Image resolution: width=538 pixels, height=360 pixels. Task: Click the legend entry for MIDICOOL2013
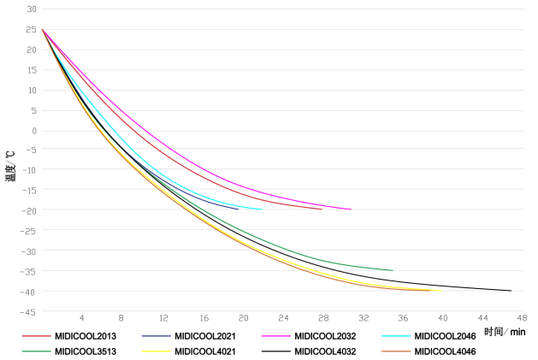click(x=86, y=336)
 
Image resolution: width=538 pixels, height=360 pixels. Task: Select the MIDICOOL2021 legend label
click(x=205, y=336)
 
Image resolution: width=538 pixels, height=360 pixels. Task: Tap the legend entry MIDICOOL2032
click(x=325, y=336)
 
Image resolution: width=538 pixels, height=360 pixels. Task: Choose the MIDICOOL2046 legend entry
click(x=445, y=336)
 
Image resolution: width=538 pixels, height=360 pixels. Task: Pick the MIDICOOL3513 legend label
click(x=86, y=351)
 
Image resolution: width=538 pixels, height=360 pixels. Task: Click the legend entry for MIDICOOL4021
click(x=205, y=351)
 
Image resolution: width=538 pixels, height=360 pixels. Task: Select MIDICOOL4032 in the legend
click(x=325, y=351)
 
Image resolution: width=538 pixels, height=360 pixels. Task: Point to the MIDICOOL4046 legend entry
click(x=445, y=351)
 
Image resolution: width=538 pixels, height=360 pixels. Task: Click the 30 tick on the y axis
click(x=32, y=9)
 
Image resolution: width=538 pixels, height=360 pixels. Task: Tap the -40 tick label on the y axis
click(x=30, y=292)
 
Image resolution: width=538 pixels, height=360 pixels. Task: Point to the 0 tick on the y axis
click(x=34, y=130)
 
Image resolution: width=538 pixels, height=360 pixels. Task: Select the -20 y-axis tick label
click(x=30, y=210)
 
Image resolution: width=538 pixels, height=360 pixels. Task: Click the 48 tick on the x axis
click(x=522, y=316)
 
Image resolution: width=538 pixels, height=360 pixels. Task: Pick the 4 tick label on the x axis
click(x=82, y=316)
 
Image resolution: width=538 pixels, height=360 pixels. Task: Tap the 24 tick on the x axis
click(x=282, y=316)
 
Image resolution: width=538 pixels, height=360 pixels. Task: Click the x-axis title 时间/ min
click(x=504, y=331)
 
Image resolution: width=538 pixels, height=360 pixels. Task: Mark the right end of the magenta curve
click(x=352, y=210)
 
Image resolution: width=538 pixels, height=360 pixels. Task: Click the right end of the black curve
click(x=511, y=291)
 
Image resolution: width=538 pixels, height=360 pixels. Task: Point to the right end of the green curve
click(x=393, y=270)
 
